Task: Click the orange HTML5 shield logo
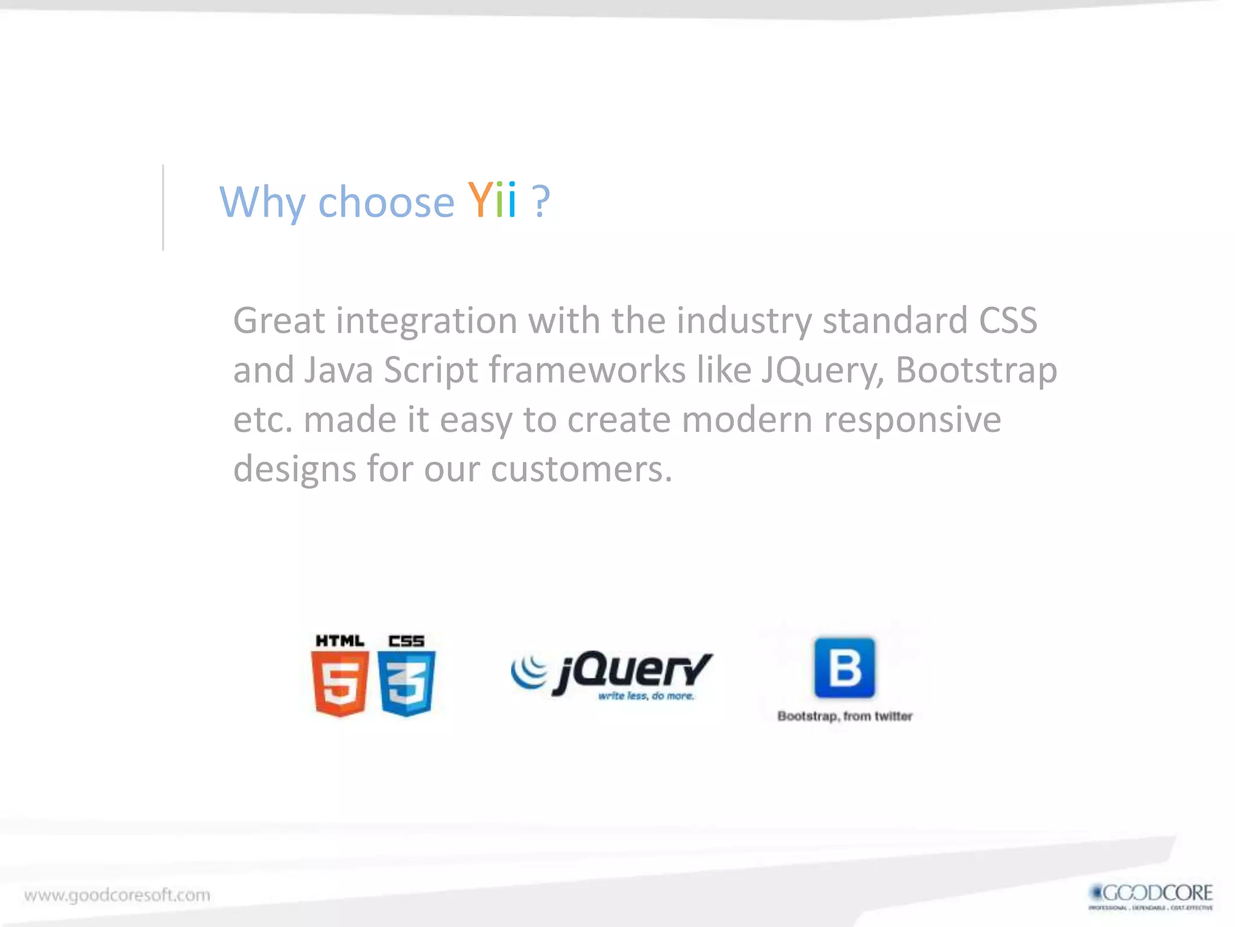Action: click(x=340, y=684)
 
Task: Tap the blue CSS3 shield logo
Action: click(x=406, y=684)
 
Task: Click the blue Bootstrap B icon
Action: click(x=844, y=667)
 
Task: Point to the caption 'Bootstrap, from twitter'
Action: click(x=844, y=716)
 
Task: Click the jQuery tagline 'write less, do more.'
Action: click(x=646, y=696)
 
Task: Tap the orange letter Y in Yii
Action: click(x=481, y=200)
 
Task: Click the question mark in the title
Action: click(x=541, y=200)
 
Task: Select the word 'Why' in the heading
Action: click(x=262, y=203)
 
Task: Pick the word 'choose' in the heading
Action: click(x=386, y=202)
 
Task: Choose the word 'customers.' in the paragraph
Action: click(x=581, y=469)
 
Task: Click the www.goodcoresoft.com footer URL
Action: click(x=118, y=894)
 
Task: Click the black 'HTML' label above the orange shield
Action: click(x=340, y=641)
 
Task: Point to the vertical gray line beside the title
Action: click(x=163, y=207)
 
